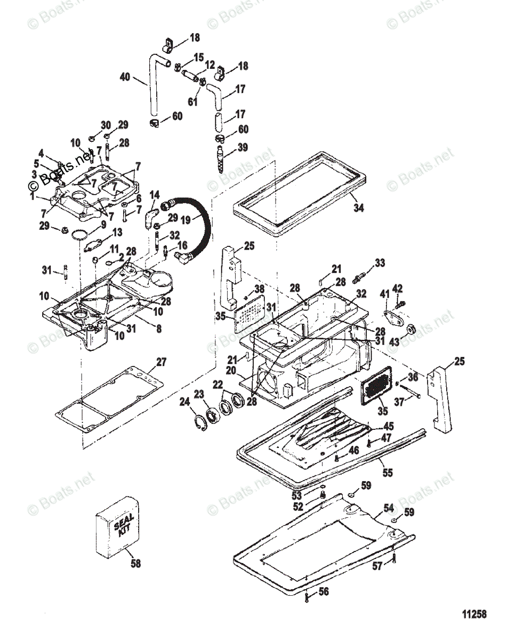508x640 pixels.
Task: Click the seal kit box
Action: [x=117, y=528]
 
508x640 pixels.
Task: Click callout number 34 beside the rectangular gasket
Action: [x=359, y=208]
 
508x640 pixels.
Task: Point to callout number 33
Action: [x=379, y=263]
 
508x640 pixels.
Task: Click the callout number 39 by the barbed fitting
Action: [x=243, y=147]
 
